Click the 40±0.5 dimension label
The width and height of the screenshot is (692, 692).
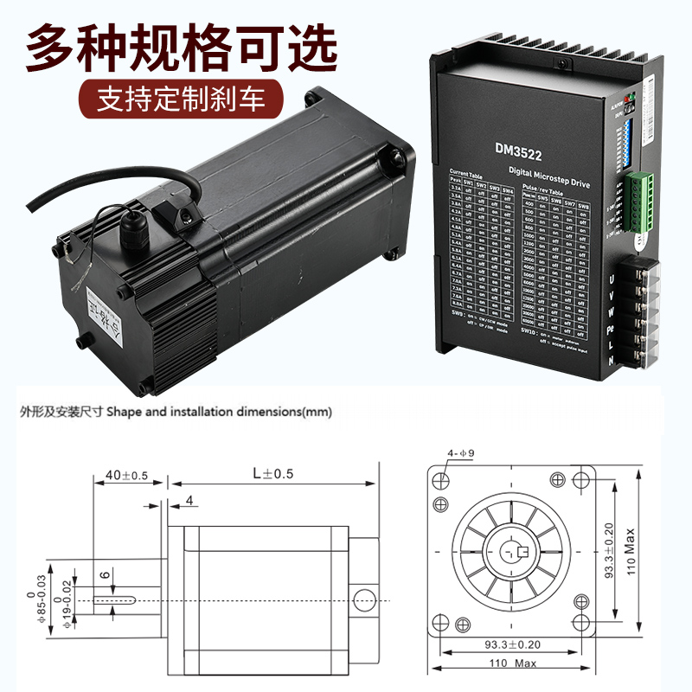pos(126,475)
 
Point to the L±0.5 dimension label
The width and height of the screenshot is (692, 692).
pos(272,474)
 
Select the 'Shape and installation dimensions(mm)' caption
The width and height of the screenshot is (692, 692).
pos(220,413)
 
